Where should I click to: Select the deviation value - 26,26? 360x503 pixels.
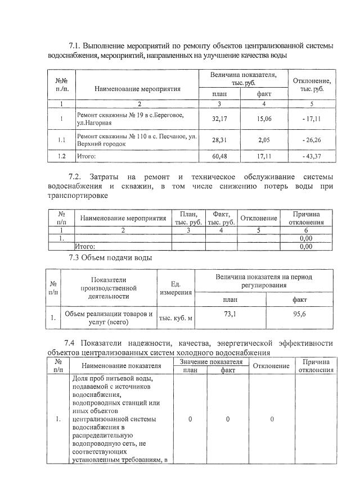[x=311, y=140]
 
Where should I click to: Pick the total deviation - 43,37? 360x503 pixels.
[x=311, y=156]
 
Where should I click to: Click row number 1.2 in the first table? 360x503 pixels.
[x=61, y=156]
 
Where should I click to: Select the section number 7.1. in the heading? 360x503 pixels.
[x=78, y=45]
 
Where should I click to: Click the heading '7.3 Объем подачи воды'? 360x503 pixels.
[x=110, y=258]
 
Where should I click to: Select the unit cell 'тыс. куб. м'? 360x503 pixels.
[x=176, y=319]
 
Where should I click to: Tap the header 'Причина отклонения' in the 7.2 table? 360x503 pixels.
[x=306, y=218]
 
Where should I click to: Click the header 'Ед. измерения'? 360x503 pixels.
[x=176, y=288]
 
